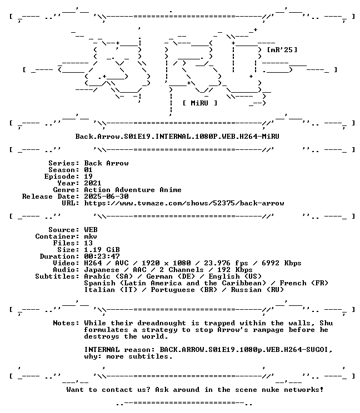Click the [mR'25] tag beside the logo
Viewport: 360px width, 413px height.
[282, 50]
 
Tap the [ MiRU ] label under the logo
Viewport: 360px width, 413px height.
[200, 103]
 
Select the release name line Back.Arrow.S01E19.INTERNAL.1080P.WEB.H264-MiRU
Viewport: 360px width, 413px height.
[177, 137]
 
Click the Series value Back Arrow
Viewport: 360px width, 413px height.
[106, 163]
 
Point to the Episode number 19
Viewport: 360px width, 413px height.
[88, 177]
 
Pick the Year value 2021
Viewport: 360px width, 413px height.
[93, 183]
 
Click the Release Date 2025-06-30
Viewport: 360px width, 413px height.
[106, 197]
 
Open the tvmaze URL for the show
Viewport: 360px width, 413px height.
[184, 203]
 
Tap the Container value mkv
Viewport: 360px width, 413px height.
[91, 236]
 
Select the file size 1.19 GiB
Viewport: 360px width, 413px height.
[102, 250]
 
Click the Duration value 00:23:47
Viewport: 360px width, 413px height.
[102, 256]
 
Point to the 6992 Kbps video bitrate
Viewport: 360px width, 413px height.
[282, 263]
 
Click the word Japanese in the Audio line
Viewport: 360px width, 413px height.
[102, 270]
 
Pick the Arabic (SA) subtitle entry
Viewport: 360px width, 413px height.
[108, 276]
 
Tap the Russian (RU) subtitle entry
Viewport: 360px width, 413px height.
[257, 290]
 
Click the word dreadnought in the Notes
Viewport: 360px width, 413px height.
[162, 323]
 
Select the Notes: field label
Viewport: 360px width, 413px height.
[66, 323]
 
